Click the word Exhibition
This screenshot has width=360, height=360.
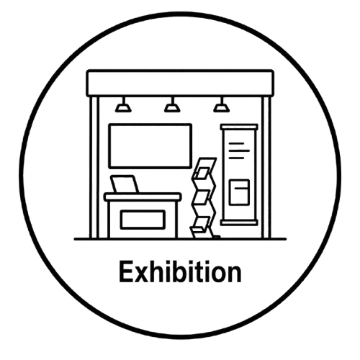coord(180,271)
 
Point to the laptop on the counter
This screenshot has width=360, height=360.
coord(125,184)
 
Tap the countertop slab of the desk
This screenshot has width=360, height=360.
coord(143,197)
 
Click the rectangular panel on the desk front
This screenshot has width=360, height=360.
coord(143,220)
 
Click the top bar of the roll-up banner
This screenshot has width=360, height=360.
coord(239,127)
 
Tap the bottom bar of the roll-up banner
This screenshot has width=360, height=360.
coord(239,223)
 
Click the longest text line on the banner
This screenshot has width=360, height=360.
coord(239,150)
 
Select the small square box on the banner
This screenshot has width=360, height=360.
coord(239,192)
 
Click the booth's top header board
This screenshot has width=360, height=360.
coord(180,84)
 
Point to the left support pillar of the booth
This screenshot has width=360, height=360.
coord(94,167)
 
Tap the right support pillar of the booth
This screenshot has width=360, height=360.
coord(266,167)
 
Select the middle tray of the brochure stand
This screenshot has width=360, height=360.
coord(201,197)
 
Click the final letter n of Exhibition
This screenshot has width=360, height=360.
coord(234,274)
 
